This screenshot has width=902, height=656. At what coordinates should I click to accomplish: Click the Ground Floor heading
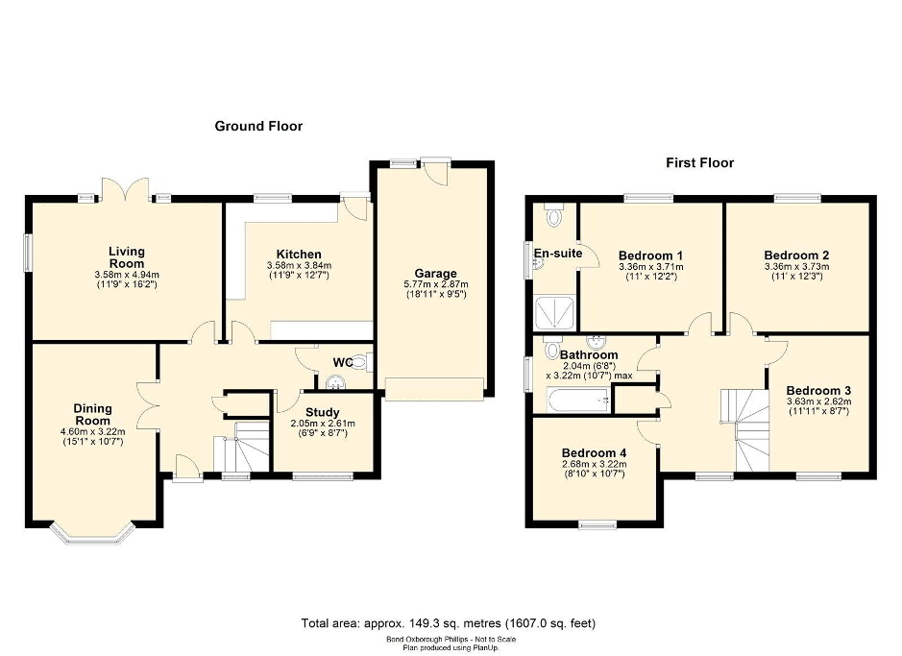click(x=258, y=126)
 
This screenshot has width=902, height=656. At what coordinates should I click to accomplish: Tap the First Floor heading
click(x=699, y=162)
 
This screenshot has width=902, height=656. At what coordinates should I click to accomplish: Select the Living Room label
click(x=127, y=257)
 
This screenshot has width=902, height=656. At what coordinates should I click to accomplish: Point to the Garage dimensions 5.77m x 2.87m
click(x=435, y=284)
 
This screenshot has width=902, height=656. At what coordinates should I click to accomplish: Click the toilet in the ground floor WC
click(x=362, y=362)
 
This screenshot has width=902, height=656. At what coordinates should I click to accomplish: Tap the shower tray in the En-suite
click(x=554, y=313)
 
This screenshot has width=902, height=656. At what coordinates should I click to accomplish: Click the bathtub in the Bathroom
click(x=578, y=401)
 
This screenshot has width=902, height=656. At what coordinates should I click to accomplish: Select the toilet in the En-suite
click(x=554, y=215)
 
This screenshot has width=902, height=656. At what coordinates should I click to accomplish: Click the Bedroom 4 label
click(x=595, y=453)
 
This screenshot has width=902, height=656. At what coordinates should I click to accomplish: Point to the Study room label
click(x=322, y=412)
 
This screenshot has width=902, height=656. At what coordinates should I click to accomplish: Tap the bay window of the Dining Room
click(x=92, y=534)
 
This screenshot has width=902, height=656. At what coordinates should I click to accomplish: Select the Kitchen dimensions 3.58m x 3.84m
click(x=299, y=266)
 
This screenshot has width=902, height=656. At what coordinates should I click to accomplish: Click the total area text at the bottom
click(x=449, y=623)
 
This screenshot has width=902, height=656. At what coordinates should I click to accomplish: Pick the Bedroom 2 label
click(x=796, y=255)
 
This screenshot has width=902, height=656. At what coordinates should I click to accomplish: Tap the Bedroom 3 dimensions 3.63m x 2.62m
click(x=819, y=401)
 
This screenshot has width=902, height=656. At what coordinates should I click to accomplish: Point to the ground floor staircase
click(x=242, y=447)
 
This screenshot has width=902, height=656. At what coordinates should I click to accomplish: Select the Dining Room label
click(x=92, y=415)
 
